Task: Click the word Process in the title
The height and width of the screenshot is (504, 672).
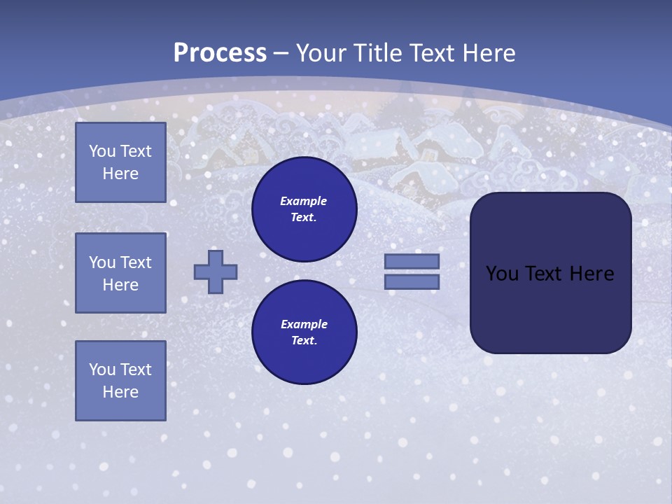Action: point(220,53)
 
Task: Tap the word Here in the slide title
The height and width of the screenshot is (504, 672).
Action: point(487,53)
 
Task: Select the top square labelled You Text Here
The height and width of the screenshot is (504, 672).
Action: point(120,162)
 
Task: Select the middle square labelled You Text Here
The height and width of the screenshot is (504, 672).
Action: point(120,273)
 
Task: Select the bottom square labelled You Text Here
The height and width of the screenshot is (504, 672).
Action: point(120,381)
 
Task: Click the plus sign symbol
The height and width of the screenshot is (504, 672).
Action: point(216,272)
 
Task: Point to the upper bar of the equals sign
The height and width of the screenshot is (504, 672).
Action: point(412,261)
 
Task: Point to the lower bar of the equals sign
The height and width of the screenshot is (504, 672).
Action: point(412,281)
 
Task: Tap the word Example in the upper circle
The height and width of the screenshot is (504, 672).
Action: point(303,201)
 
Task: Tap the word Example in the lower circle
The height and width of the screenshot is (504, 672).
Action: point(304,324)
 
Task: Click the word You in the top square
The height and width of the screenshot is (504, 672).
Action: point(101,151)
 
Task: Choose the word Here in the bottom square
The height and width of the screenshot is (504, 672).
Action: point(120,392)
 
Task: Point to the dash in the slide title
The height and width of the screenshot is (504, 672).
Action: point(281,53)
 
